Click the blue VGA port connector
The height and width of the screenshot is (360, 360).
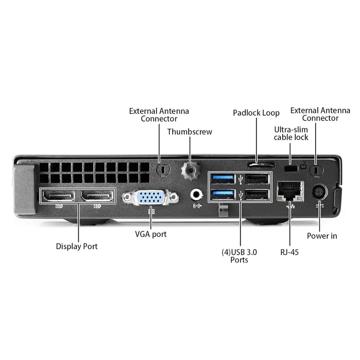click(x=150, y=197)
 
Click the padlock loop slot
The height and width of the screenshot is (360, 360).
click(x=261, y=165)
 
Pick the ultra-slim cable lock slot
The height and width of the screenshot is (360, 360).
click(x=291, y=168)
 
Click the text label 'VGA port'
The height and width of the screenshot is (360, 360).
click(x=151, y=234)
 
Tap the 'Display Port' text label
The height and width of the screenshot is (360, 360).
click(x=77, y=247)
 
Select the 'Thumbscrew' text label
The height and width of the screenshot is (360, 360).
click(x=190, y=132)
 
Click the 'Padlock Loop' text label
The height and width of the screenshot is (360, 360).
click(x=256, y=113)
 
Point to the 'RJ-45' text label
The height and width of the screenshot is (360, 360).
click(x=289, y=252)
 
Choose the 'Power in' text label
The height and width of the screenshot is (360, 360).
click(x=322, y=236)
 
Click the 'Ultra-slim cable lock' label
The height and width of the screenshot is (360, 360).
click(x=291, y=133)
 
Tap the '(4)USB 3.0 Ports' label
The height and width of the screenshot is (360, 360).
click(x=239, y=256)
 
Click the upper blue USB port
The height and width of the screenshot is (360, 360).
click(x=223, y=178)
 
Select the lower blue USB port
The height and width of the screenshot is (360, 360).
click(x=223, y=195)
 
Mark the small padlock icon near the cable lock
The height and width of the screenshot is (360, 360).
click(x=303, y=166)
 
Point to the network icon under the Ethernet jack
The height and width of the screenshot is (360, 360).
click(x=289, y=206)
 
